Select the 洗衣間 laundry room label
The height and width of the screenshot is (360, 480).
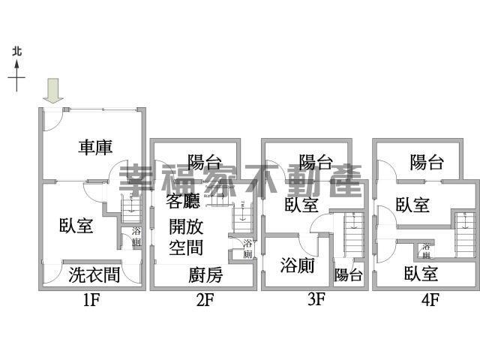(x=94, y=274)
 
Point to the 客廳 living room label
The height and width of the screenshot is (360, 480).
(x=184, y=202)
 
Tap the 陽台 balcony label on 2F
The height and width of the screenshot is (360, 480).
(x=205, y=161)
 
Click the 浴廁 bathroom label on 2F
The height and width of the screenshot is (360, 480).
(x=247, y=249)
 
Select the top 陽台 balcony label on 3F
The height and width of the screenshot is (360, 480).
(x=316, y=161)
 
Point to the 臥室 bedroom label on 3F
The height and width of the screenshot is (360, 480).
(x=300, y=205)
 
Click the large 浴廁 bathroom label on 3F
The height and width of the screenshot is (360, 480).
(x=297, y=265)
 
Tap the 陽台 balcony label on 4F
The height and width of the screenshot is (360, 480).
(x=427, y=162)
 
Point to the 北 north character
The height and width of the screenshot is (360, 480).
(x=17, y=52)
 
